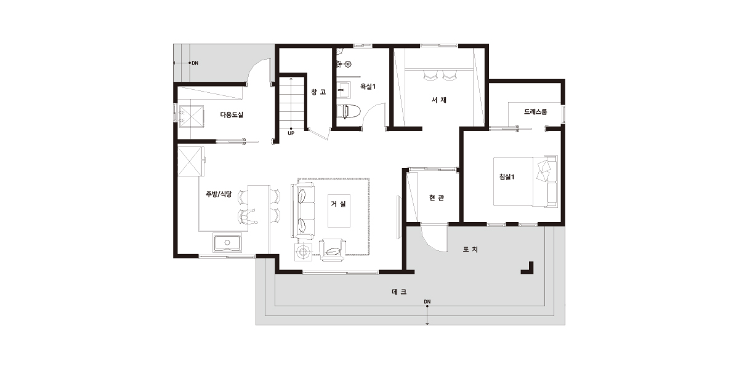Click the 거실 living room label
point(339,204)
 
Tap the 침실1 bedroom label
point(507,177)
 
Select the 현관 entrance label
point(437,197)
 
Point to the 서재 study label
point(439,100)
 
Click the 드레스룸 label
point(535,112)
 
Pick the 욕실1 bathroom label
point(368,87)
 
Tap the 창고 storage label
point(319,92)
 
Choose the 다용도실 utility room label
point(232,115)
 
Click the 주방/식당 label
point(219,194)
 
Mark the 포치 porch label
point(470,250)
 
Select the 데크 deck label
point(399,292)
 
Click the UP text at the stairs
point(291,133)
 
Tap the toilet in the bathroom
point(349,111)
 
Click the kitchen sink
point(227,243)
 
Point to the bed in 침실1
point(525,181)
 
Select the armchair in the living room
point(333,250)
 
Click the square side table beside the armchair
point(302,252)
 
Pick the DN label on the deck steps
point(427,301)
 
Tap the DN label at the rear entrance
point(195,63)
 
